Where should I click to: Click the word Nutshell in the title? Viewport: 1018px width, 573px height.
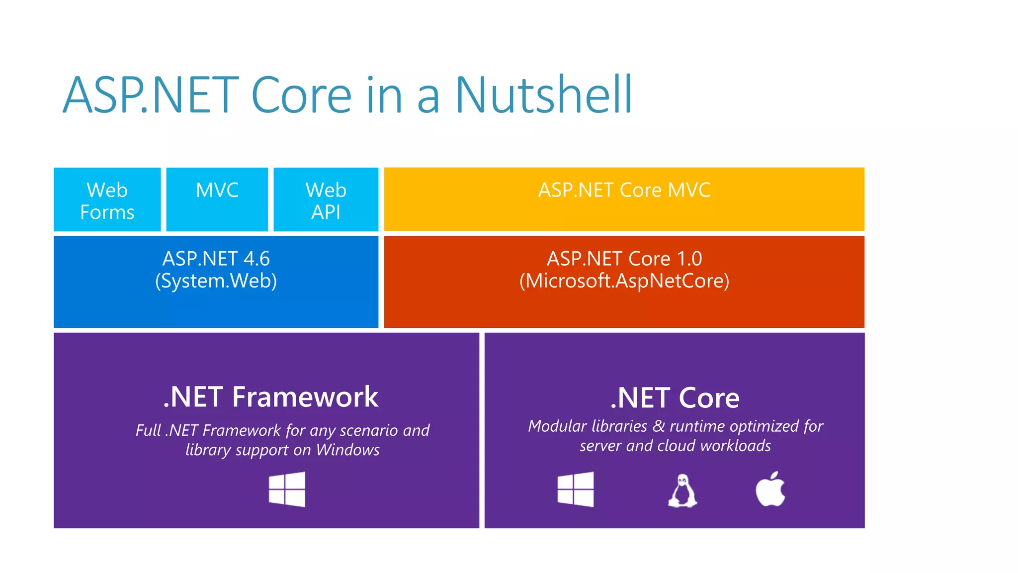click(x=543, y=95)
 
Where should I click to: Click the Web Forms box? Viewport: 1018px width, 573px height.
click(x=107, y=200)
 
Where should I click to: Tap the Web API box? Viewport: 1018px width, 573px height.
click(x=326, y=200)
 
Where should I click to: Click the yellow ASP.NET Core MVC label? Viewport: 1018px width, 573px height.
click(x=624, y=191)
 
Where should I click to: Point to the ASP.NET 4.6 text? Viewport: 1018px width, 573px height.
click(x=216, y=259)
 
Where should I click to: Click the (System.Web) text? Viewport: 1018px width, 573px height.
click(x=216, y=281)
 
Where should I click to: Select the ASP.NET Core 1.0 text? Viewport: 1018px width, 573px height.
click(x=624, y=259)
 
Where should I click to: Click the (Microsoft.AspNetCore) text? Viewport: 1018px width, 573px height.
click(x=624, y=281)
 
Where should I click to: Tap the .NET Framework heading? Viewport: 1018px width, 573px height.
click(x=271, y=397)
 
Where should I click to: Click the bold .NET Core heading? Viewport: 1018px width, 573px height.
click(x=675, y=398)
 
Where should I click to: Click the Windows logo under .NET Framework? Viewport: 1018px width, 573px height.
click(x=287, y=489)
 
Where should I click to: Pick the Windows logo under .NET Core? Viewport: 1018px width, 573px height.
click(x=576, y=489)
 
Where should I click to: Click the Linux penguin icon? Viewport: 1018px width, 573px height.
click(x=682, y=490)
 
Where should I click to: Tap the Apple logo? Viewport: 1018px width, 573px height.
click(x=770, y=489)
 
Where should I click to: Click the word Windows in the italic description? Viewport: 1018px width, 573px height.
click(x=347, y=450)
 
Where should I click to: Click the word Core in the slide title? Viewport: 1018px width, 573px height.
click(x=302, y=95)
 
